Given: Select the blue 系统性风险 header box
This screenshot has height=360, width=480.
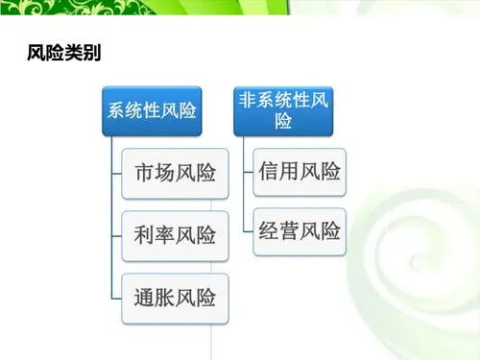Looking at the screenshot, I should (x=151, y=111).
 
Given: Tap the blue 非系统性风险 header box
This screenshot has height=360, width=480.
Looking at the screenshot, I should (x=283, y=111).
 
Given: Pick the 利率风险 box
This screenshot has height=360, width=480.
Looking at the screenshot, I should (x=175, y=235).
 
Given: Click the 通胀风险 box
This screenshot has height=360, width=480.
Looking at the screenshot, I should (x=175, y=297).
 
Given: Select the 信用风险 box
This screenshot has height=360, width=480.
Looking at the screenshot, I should (x=299, y=173).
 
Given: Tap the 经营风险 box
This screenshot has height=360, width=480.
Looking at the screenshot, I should (x=299, y=231).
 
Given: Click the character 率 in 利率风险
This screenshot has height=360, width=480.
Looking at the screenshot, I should (x=164, y=235).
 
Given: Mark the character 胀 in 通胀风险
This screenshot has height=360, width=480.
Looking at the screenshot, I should (x=164, y=297).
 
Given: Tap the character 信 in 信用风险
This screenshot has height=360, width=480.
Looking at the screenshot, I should (x=268, y=173).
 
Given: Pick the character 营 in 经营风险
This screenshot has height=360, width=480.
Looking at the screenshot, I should (x=288, y=231).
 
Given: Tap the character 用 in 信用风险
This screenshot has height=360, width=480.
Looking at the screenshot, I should (x=288, y=173).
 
